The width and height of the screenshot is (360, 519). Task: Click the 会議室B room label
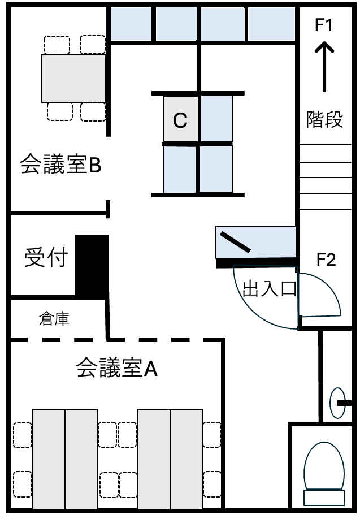tap(60, 164)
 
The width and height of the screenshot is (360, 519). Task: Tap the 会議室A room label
tap(117, 367)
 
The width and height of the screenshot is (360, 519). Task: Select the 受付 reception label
tap(46, 257)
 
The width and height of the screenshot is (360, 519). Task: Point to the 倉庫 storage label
tap(54, 319)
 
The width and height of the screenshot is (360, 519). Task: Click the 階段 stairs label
tap(324, 119)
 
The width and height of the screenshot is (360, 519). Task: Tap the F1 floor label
tap(324, 25)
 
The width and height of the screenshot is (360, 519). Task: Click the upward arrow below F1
tap(324, 66)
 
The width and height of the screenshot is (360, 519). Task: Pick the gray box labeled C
tap(181, 119)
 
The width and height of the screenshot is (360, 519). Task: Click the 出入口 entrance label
tap(270, 289)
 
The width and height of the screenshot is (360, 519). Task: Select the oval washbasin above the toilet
tap(337, 403)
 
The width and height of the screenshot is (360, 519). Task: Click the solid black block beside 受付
tap(92, 265)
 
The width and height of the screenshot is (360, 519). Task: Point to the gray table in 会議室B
tap(73, 79)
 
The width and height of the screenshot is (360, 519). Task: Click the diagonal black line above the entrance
tap(235, 242)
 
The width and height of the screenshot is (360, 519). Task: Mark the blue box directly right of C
tap(216, 119)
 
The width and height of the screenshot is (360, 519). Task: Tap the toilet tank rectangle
tap(324, 498)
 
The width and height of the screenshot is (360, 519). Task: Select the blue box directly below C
tap(180, 169)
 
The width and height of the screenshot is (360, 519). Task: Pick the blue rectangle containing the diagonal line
tap(255, 242)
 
